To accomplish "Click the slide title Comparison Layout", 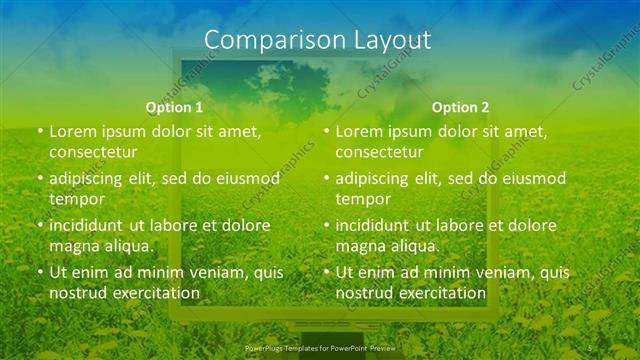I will pos(318,40).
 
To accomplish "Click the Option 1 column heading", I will pos(174,107).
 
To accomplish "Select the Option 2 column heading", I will pos(461,107).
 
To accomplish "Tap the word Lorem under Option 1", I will pos(71,131).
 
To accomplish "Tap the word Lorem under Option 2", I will pos(358,131).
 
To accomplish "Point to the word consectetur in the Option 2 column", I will pos(380,152).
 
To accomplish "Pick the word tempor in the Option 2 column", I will pos(361,199).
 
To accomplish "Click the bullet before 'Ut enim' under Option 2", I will pos(326,272).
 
